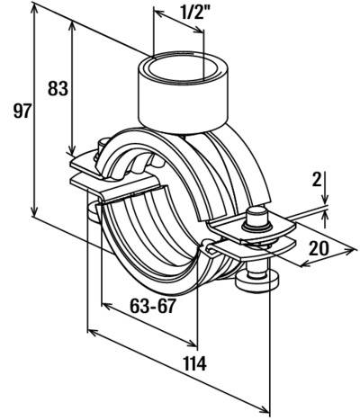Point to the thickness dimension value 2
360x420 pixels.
[316, 180]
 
